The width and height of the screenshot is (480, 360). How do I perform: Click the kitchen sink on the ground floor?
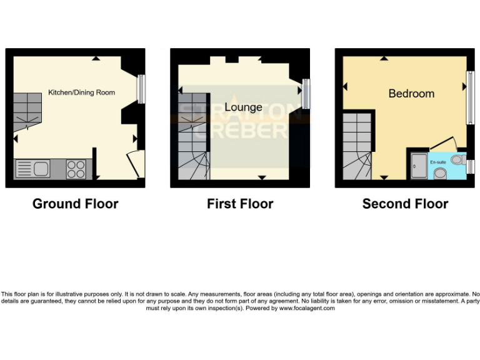coord(32,169)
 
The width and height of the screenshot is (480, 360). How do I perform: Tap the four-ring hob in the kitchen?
coord(76,169)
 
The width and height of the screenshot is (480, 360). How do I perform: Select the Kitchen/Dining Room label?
coord(82,92)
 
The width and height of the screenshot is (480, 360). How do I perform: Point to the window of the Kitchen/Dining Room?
coord(141,89)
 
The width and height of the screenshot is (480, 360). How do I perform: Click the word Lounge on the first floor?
coord(243,107)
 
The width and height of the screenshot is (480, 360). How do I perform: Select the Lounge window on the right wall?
coord(306,93)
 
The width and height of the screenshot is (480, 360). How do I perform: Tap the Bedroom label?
coord(411,93)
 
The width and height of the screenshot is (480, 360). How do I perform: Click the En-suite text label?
coord(437,162)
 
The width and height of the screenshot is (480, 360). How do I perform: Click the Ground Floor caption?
coord(75,204)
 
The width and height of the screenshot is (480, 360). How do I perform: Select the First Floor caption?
coord(240,204)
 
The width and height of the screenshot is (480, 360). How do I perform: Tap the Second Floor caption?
coord(405,204)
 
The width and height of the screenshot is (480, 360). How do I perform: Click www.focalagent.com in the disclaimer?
coord(307,308)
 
